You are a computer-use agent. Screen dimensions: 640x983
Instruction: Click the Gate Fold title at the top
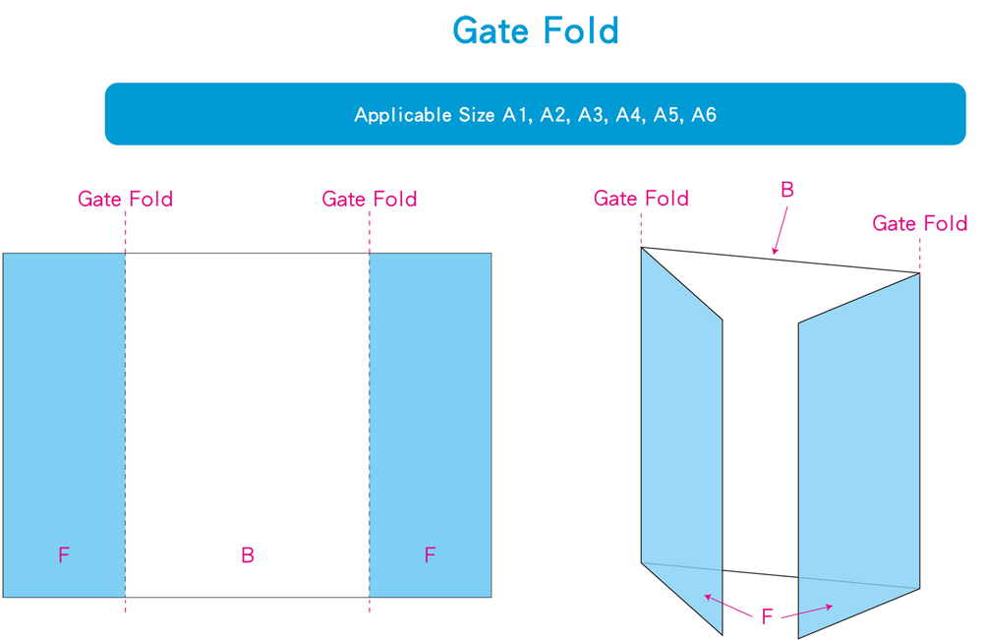(x=536, y=31)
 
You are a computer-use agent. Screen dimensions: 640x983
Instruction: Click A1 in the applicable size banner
(x=516, y=115)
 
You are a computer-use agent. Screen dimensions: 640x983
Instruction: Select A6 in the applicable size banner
(x=704, y=115)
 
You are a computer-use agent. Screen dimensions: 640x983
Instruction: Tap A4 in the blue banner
(x=628, y=115)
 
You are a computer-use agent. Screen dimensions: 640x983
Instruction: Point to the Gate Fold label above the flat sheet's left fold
(x=126, y=200)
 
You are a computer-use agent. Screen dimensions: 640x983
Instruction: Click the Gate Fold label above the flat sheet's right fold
(x=370, y=200)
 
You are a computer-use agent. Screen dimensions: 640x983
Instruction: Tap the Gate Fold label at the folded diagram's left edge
(x=641, y=199)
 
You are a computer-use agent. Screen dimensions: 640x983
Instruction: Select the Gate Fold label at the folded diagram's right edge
(x=920, y=224)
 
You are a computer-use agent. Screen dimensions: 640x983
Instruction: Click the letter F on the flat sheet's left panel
(x=64, y=555)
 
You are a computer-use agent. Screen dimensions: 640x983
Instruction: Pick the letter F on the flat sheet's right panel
(x=430, y=555)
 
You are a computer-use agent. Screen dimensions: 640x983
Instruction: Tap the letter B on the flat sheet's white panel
(x=248, y=555)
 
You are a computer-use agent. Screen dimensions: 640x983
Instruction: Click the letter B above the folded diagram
(x=786, y=191)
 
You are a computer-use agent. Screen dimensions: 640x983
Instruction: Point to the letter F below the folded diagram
(x=768, y=617)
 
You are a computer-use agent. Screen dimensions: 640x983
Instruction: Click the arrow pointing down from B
(x=781, y=230)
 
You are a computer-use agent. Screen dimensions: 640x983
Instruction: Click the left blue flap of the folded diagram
(x=680, y=442)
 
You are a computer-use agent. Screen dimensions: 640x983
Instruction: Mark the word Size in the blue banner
(x=477, y=115)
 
